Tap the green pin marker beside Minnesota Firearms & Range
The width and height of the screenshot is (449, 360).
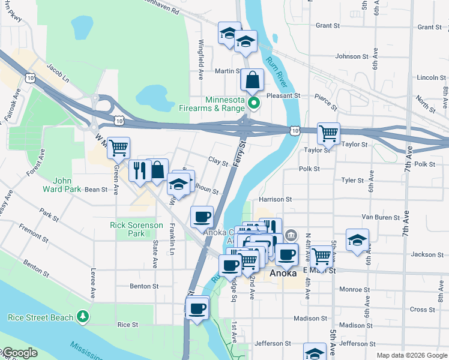click(254, 103)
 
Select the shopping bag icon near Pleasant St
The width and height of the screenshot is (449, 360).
click(252, 80)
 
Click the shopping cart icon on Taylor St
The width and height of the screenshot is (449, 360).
click(328, 133)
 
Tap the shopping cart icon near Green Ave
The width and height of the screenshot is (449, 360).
click(119, 147)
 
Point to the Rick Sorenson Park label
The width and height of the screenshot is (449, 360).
click(136, 229)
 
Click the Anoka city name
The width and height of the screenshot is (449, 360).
click(282, 273)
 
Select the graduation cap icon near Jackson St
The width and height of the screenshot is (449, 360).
click(357, 241)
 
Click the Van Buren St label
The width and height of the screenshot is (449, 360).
click(380, 217)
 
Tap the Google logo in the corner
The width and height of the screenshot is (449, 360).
click(20, 353)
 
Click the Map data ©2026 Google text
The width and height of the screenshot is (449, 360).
click(411, 355)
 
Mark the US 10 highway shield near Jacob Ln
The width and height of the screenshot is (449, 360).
click(29, 77)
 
